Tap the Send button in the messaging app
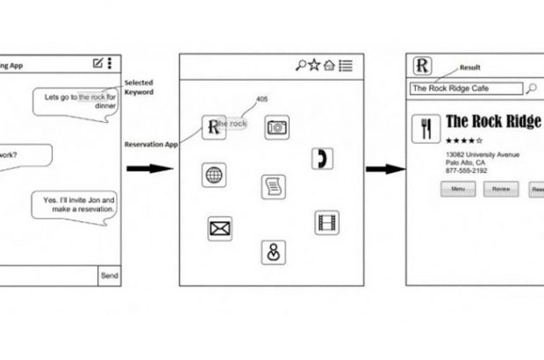[109, 275]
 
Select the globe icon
[213, 174]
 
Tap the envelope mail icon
[218, 229]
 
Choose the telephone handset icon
[322, 159]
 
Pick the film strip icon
[327, 222]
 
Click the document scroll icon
[273, 186]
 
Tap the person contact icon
[273, 252]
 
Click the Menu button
[457, 189]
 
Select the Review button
[501, 189]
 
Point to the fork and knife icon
[426, 127]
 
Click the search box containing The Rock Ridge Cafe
[466, 88]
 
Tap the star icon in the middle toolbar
[314, 64]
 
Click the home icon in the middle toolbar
[329, 64]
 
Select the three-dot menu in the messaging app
[110, 63]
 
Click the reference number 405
[261, 98]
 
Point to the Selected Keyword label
[139, 87]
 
